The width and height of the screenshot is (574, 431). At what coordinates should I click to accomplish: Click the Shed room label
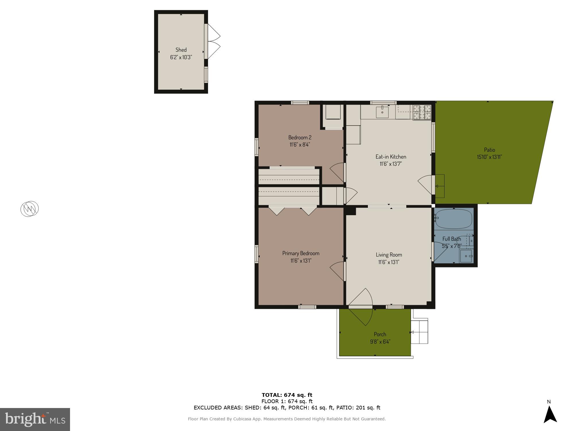(181, 50)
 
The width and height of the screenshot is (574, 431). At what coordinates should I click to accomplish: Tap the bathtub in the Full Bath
(453, 219)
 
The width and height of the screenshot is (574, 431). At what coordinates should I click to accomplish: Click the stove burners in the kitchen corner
(422, 112)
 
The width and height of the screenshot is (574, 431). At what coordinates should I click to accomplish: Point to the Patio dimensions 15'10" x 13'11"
(489, 157)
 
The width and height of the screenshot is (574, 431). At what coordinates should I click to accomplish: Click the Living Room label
(389, 255)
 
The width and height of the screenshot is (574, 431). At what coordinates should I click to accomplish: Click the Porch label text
(380, 334)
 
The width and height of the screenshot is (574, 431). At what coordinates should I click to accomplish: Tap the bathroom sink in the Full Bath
(466, 256)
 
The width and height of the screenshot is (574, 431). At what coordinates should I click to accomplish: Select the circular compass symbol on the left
(30, 209)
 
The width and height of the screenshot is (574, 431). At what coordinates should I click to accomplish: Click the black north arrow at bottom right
(550, 415)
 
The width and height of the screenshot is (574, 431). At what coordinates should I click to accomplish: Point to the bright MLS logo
(35, 420)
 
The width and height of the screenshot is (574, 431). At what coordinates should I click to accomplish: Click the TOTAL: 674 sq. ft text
(287, 395)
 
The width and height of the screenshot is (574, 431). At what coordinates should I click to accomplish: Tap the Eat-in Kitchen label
(391, 157)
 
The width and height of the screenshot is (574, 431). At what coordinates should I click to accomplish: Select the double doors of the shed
(213, 41)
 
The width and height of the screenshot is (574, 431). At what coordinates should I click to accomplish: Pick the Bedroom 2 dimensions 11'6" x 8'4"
(300, 145)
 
